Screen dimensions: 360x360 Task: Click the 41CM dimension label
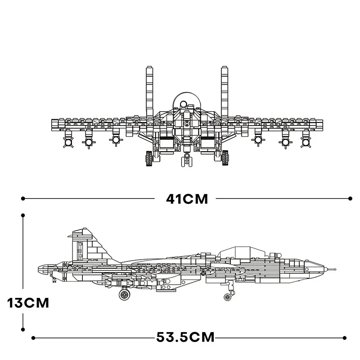tap(187, 199)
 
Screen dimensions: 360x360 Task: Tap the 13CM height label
tap(28, 302)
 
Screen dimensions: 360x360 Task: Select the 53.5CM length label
tap(185, 337)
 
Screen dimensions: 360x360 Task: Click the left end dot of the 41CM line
tap(23, 198)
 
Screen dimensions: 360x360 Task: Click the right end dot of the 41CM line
tap(350, 198)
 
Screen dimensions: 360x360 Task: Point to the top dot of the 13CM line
tap(23, 216)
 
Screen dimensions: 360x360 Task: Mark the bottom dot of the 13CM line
tap(23, 329)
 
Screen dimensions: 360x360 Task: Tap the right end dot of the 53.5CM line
tap(344, 338)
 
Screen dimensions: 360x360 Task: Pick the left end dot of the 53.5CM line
tap(33, 338)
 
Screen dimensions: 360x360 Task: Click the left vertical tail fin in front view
tap(150, 92)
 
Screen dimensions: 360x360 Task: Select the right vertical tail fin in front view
tap(225, 92)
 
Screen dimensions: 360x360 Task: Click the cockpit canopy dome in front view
tap(187, 101)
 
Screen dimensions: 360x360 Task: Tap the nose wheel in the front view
tap(187, 161)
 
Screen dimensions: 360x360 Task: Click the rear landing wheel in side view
tap(125, 294)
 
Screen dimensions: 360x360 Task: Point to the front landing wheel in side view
tap(228, 297)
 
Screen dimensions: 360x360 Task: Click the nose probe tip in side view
tap(335, 269)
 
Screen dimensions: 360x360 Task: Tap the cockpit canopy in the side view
tap(243, 252)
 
